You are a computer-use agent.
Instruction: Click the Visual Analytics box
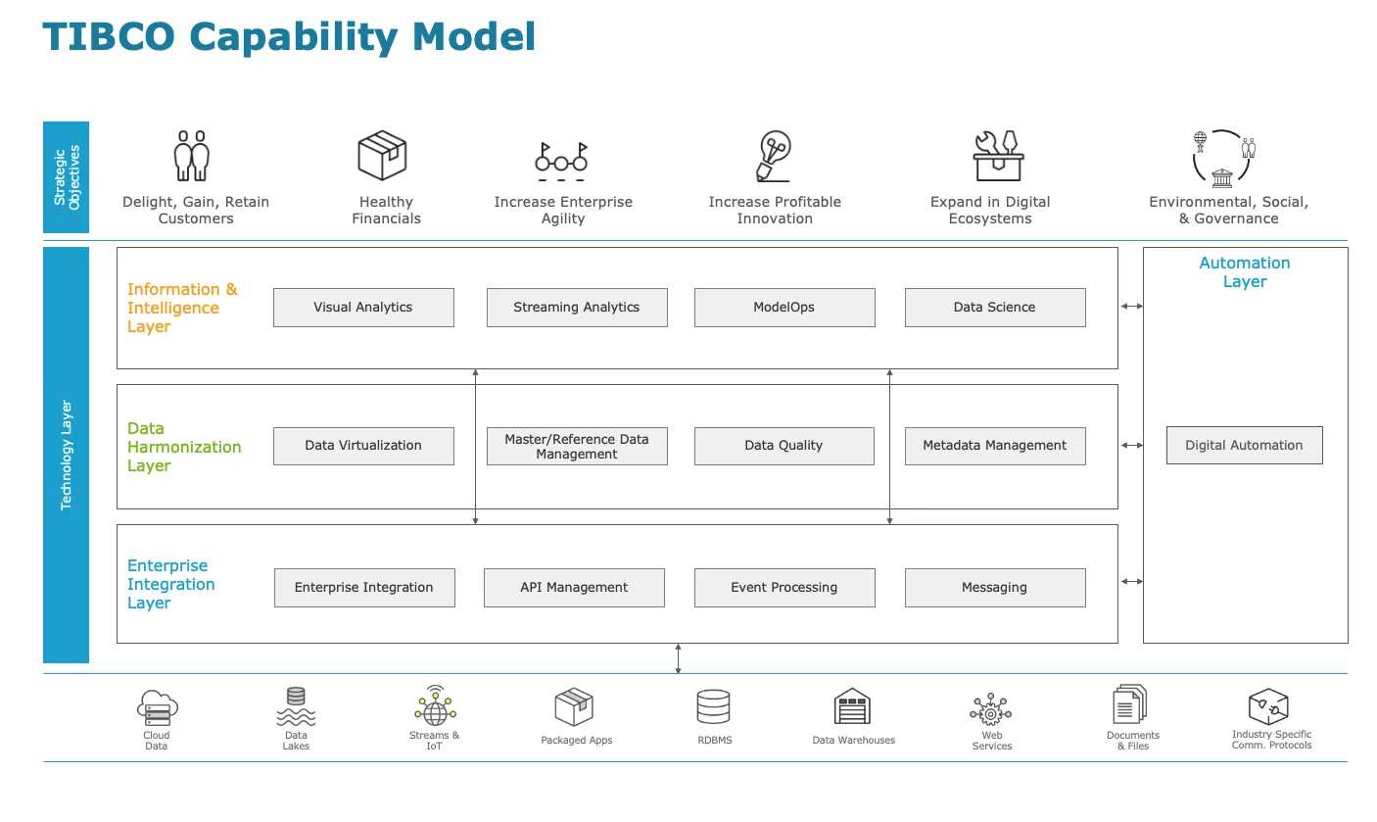tap(363, 308)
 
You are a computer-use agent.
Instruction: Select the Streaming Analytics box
tap(577, 308)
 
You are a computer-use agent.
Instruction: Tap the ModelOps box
tap(784, 308)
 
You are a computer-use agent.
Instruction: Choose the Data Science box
tap(995, 308)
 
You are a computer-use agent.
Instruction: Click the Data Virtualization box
tap(363, 446)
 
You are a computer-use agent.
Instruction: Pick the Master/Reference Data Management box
tap(577, 446)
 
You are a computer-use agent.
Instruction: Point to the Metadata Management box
tap(995, 446)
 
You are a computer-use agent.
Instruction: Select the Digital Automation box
tap(1244, 445)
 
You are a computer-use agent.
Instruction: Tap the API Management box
tap(574, 588)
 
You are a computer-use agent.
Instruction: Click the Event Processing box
tap(784, 588)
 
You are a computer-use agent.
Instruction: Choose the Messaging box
tap(995, 588)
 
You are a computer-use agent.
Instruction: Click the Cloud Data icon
tap(158, 708)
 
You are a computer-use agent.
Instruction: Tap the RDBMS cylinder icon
tap(714, 706)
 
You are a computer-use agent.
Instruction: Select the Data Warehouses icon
tap(852, 706)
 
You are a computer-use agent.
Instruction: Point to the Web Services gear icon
tap(990, 710)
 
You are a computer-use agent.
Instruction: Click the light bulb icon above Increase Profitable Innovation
tap(774, 156)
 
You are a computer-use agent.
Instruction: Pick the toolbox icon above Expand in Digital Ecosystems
tap(998, 156)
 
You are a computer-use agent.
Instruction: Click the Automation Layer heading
tap(1244, 271)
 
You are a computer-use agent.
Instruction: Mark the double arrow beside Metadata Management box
tap(1131, 445)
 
